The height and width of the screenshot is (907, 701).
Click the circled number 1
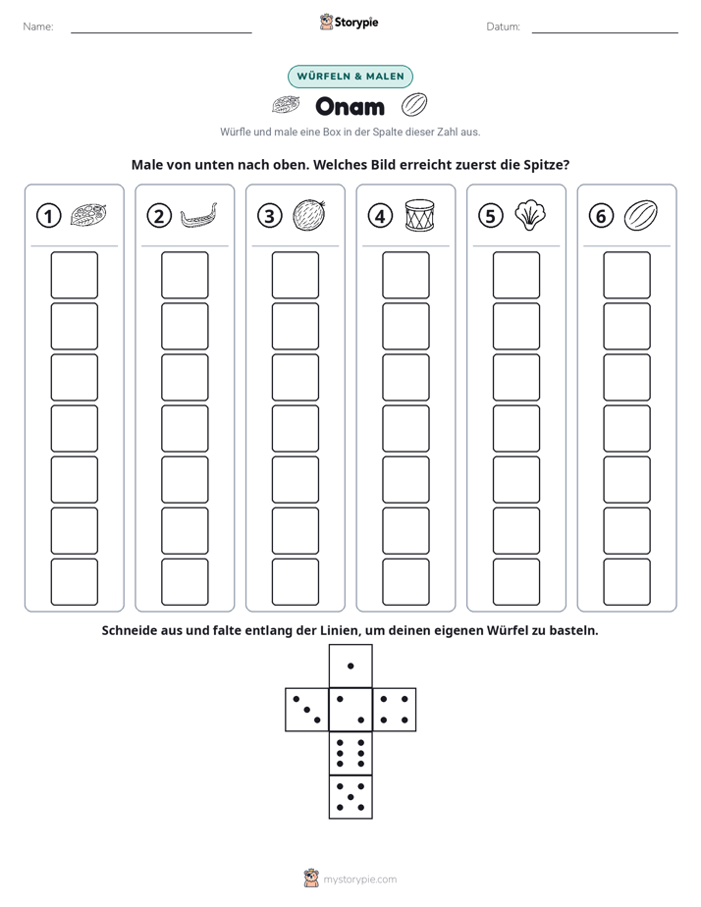(48, 216)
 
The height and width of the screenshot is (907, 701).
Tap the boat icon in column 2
(199, 216)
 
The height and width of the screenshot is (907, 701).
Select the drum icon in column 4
(419, 216)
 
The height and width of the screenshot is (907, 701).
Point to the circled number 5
(491, 216)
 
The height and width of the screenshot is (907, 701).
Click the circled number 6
(601, 216)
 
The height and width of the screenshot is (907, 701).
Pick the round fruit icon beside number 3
(309, 215)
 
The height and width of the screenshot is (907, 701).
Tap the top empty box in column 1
(74, 275)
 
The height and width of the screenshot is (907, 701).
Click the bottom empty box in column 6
(627, 582)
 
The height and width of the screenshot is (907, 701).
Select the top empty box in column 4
(406, 275)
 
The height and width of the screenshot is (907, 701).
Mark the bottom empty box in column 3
(296, 582)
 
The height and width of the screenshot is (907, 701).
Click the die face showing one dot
(350, 666)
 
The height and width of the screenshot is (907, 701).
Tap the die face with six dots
(350, 753)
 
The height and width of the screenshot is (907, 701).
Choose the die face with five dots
(350, 796)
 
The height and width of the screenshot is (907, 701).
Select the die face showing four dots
(395, 710)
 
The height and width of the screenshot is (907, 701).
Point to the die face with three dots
(307, 710)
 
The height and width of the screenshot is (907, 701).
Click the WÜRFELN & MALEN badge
(350, 77)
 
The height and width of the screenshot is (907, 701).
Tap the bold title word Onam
(350, 106)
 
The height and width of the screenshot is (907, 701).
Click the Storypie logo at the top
(350, 22)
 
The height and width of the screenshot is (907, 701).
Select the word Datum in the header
(503, 27)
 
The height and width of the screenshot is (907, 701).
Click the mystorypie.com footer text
(359, 880)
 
